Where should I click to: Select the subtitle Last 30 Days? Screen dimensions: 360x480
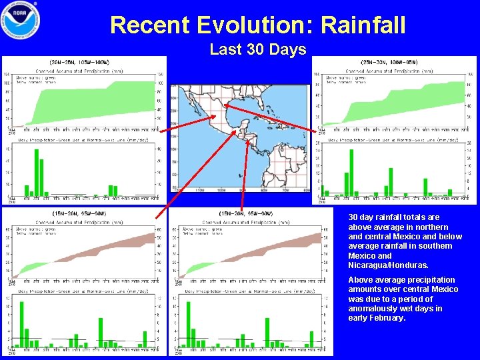[257, 49]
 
